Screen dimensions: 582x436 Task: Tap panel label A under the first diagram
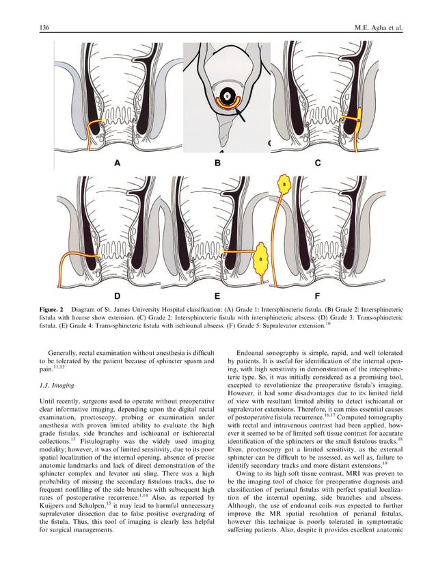117,163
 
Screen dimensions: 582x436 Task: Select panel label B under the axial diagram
217,163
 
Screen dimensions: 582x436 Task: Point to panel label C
318,163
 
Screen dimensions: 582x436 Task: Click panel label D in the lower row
117,297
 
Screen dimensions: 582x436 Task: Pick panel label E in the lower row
217,297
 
